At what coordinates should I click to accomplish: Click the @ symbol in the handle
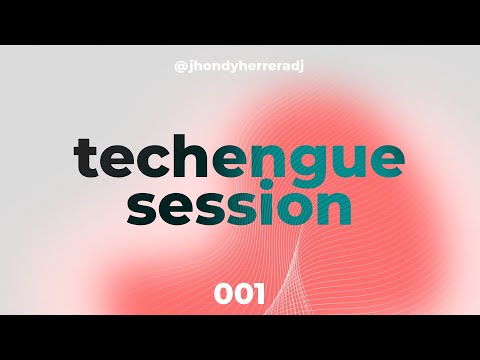pos(181,67)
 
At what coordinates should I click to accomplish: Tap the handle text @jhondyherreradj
pos(239,67)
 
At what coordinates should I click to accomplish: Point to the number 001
pos(239,294)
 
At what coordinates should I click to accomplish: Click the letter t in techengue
pos(87,158)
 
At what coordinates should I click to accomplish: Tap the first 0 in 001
pos(224,294)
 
